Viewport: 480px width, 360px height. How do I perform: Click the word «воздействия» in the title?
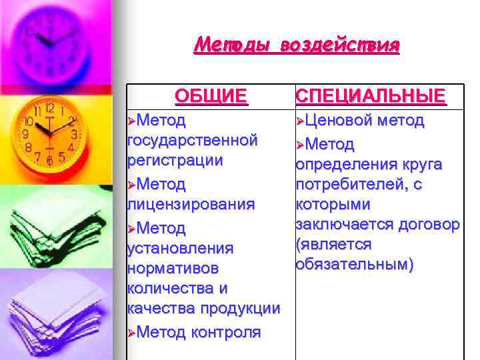pos(340,45)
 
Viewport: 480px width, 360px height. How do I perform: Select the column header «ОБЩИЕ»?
pos(211,96)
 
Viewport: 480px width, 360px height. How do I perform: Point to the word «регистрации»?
pos(175,161)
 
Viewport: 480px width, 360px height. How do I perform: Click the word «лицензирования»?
pos(191,203)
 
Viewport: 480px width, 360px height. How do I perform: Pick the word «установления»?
pos(179,248)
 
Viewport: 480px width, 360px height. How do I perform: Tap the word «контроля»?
pos(227,332)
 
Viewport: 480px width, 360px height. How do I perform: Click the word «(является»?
pos(334,244)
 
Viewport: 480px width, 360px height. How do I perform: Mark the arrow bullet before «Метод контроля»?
pos(131,333)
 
